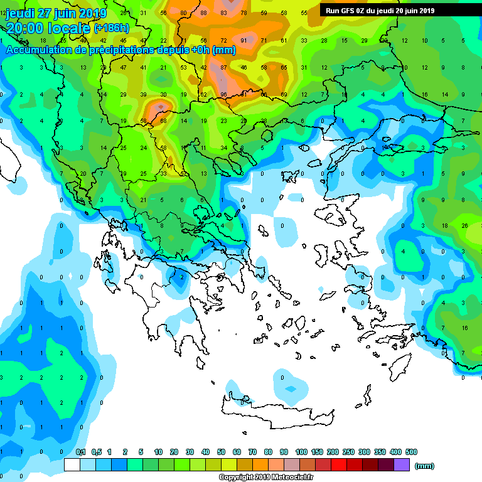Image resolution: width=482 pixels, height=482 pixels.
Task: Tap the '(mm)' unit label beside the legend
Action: (x=425, y=466)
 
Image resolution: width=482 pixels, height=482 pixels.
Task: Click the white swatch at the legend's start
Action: (x=72, y=465)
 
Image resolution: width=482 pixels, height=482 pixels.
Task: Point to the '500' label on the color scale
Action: (x=411, y=452)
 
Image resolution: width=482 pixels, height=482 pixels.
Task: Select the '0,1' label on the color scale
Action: (x=80, y=452)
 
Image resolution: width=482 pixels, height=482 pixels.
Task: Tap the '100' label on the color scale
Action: (x=301, y=452)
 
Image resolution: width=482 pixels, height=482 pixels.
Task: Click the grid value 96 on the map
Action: (x=223, y=94)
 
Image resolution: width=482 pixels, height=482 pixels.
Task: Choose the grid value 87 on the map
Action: (x=223, y=67)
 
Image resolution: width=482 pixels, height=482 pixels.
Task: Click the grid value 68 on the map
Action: (x=163, y=121)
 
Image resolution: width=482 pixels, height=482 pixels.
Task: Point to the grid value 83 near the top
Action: (x=224, y=13)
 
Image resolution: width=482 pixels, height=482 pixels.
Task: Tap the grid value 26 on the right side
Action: (x=464, y=225)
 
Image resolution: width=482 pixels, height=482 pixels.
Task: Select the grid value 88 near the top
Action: (x=203, y=13)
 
